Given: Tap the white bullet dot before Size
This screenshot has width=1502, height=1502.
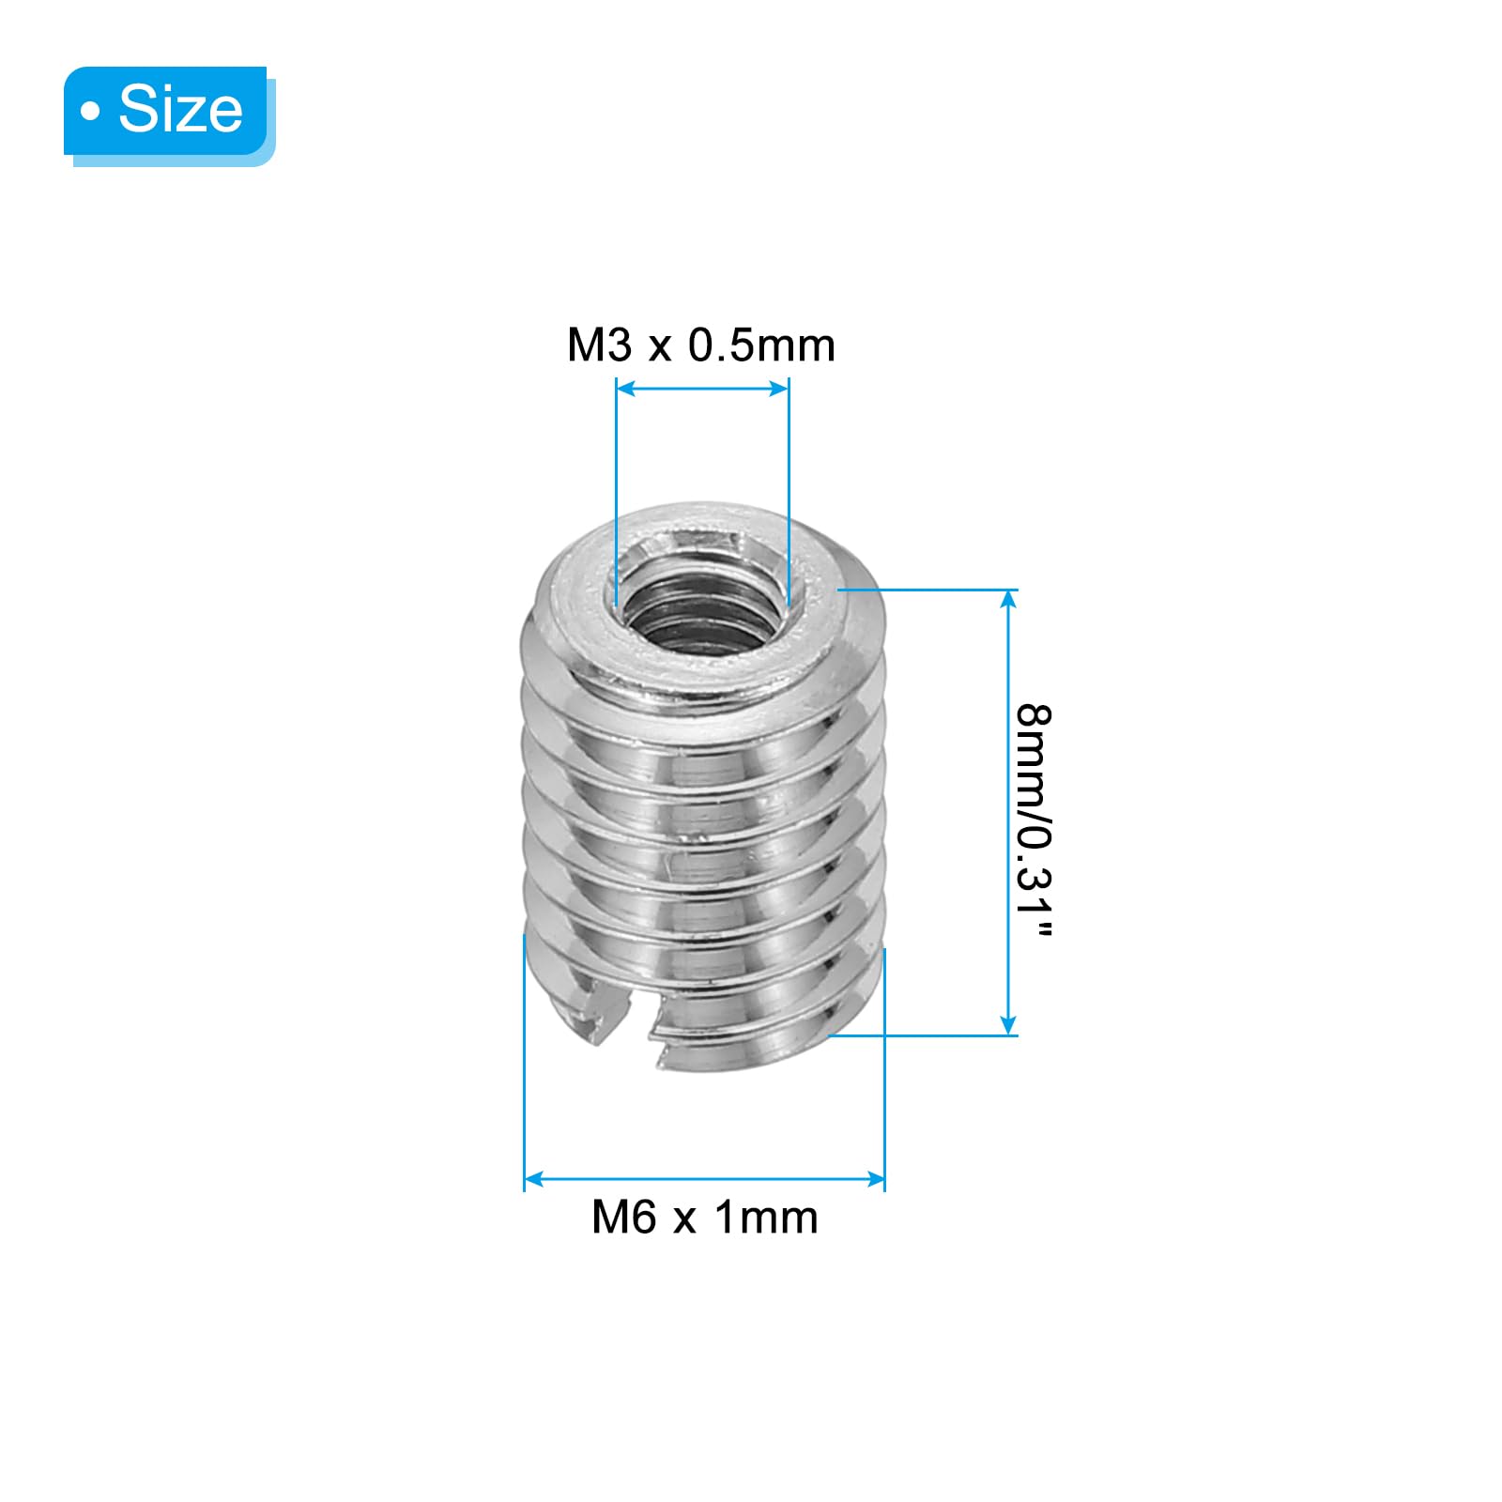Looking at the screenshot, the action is (90, 113).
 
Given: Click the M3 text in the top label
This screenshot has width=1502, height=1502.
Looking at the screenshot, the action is (599, 345).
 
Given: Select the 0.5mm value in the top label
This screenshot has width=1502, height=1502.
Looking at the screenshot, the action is (761, 345).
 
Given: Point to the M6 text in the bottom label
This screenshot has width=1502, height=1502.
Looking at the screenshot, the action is (623, 1218).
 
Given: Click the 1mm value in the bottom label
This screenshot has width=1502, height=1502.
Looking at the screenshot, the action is (766, 1218).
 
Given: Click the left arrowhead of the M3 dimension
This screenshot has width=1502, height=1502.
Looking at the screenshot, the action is (625, 388).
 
